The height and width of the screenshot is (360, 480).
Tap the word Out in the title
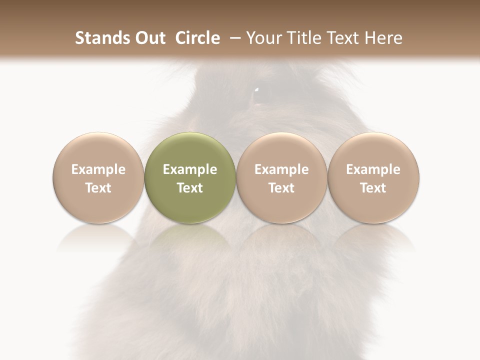pos(148,38)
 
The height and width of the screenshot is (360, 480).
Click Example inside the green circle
pos(190,169)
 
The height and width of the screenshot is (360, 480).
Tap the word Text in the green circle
pos(190,188)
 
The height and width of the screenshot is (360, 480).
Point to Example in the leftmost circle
pos(98,169)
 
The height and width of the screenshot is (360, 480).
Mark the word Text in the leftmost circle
pos(98,188)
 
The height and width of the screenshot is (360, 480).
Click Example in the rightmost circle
pos(373,169)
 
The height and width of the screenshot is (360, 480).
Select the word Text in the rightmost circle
pos(373,188)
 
